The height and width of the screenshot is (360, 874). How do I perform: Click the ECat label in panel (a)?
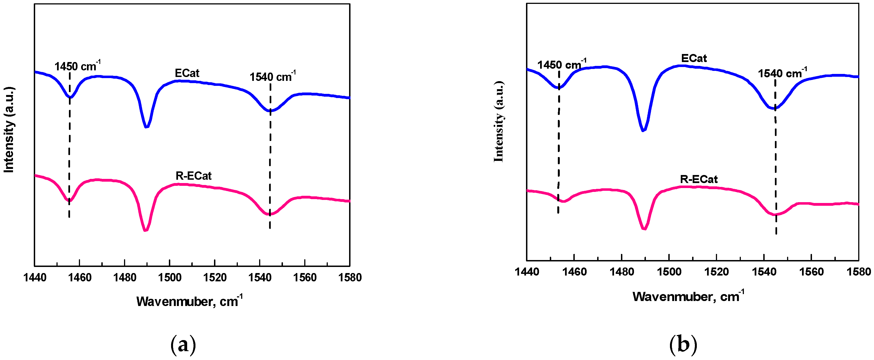point(187,73)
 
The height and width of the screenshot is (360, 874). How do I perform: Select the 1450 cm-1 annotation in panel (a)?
point(77,66)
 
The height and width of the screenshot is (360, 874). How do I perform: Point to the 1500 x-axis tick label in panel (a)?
point(170,277)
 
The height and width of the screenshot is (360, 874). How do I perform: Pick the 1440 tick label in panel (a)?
point(35,277)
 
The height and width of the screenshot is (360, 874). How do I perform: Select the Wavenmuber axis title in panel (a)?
point(189,301)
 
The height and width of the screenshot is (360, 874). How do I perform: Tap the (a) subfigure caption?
point(183,345)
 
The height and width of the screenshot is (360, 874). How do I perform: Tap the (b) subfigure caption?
point(683,344)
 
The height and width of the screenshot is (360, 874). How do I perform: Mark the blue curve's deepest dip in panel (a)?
point(146,127)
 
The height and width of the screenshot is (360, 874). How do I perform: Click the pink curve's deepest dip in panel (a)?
point(146,230)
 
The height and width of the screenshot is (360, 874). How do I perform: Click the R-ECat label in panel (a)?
point(194,176)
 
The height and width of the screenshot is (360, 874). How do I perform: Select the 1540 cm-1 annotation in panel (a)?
point(272,77)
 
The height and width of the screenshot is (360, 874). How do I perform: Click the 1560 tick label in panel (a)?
point(305,277)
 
